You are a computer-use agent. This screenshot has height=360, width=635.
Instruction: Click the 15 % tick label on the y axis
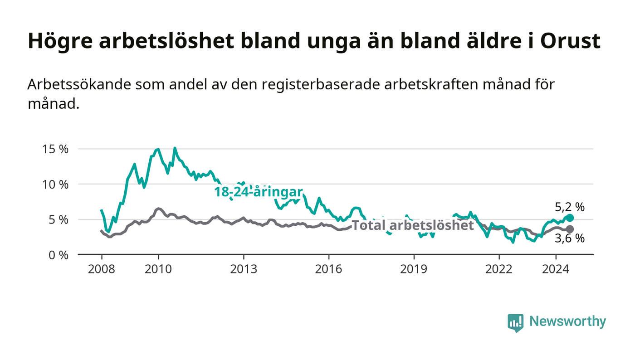point(55,149)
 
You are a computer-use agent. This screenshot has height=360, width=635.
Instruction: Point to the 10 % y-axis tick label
point(55,185)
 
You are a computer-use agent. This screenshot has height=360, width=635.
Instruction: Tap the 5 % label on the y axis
point(59,220)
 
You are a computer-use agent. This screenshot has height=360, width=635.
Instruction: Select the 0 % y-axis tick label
point(59,255)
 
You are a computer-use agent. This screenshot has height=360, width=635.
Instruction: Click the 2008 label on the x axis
point(102,269)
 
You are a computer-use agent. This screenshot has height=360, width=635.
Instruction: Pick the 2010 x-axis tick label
point(158,269)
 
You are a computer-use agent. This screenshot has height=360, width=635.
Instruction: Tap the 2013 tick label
point(244,269)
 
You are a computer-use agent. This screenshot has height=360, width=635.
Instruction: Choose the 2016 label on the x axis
point(328,269)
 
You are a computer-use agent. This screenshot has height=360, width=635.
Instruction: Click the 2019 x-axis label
point(414,269)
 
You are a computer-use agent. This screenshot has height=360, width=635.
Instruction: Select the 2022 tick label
point(499,269)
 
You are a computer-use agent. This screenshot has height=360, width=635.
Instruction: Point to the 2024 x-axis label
point(556,269)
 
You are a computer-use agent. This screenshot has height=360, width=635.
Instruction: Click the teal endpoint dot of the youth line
point(570,218)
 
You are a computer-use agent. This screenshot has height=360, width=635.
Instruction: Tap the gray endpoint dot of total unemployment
point(570,229)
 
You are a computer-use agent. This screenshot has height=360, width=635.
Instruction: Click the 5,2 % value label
point(570,207)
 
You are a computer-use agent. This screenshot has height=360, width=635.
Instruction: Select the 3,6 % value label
point(570,238)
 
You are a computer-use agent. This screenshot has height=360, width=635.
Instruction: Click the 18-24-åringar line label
point(259,192)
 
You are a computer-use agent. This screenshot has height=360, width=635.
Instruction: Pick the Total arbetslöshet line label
point(412,225)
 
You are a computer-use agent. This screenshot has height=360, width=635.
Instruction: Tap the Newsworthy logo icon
point(515,322)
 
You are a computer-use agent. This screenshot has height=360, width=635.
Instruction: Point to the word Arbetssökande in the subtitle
point(79,84)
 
